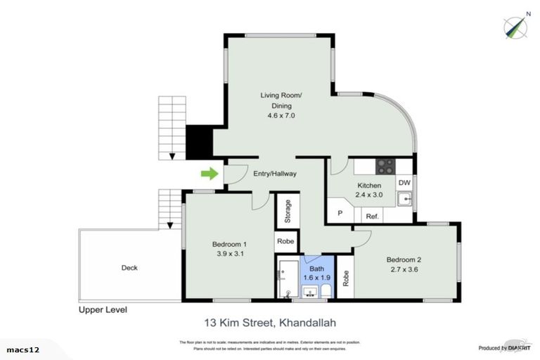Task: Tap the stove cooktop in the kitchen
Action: tap(385, 167)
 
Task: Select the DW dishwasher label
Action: tap(404, 183)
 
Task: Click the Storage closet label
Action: tap(288, 212)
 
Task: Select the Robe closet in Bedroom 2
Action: tap(345, 278)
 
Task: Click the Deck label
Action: tap(129, 268)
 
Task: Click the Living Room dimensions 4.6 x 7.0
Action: tap(281, 115)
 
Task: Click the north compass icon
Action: tap(515, 26)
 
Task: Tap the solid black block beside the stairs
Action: tap(199, 142)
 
